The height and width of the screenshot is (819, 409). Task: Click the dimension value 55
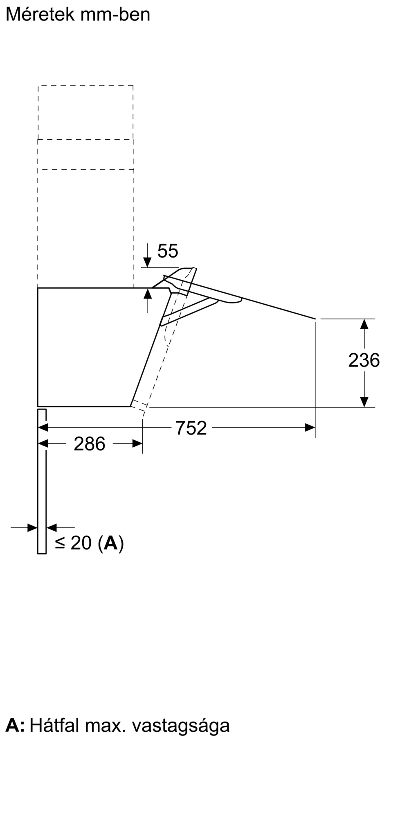[x=168, y=251]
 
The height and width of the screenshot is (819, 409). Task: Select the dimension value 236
[x=364, y=360]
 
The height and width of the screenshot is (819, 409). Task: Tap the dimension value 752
[x=191, y=428]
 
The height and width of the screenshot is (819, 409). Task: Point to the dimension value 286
[x=89, y=444]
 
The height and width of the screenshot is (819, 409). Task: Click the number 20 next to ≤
[x=81, y=543]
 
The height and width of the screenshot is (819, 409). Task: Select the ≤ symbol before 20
[x=60, y=543]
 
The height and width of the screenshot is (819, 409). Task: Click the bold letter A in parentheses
[x=110, y=543]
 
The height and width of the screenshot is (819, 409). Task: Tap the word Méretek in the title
[x=40, y=15]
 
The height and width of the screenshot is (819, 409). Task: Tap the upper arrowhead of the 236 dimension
[x=364, y=324]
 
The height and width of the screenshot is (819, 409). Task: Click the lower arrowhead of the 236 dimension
[x=364, y=402]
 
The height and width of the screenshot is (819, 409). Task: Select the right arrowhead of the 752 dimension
[x=310, y=428]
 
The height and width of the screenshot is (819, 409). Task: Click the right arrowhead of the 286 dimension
[x=137, y=443]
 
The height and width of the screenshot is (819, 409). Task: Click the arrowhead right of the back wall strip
[x=52, y=527]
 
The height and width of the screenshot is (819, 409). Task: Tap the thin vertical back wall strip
[x=42, y=483]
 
